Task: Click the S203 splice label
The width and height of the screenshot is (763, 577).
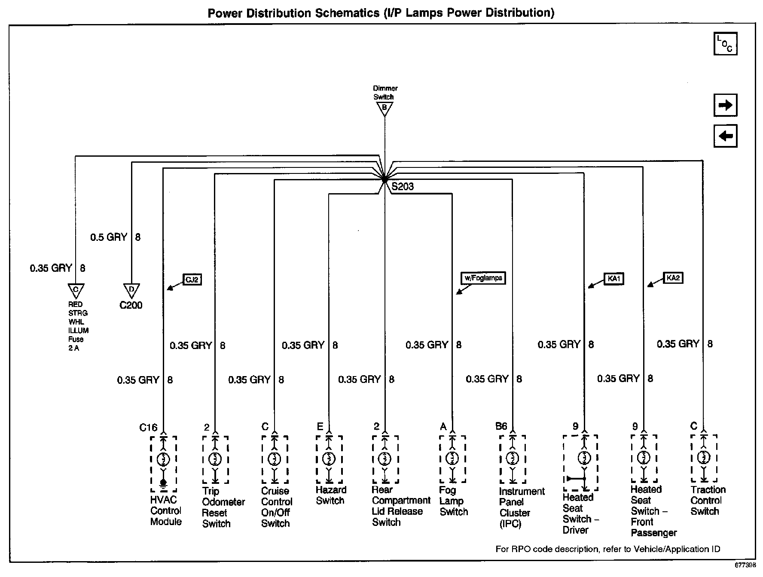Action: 403,187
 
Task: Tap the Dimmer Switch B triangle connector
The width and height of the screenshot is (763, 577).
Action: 385,109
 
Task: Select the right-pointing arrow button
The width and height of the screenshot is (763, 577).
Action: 725,105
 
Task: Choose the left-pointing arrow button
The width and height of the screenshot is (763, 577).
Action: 725,136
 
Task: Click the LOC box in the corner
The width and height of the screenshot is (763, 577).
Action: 725,44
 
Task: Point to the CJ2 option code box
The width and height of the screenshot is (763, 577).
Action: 192,280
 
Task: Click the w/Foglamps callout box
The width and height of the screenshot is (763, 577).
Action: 483,278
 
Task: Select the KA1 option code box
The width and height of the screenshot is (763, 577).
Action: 614,279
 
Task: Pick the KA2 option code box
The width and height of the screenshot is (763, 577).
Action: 673,278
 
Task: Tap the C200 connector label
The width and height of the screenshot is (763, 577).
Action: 131,305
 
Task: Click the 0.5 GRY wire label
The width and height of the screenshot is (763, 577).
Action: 109,237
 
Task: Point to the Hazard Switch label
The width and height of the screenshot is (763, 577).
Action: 330,495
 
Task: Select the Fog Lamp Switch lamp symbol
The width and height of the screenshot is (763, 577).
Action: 452,459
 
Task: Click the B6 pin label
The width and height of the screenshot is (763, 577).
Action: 501,426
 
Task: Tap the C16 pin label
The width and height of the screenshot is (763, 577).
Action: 148,427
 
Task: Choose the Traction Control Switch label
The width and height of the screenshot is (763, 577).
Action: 708,500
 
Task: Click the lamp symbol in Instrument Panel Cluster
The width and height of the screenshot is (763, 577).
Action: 513,459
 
